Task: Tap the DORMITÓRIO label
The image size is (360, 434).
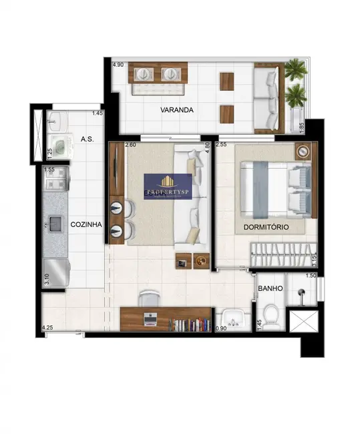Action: coord(266,227)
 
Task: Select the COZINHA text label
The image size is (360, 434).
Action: coord(86,225)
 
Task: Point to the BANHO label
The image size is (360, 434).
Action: coord(270,288)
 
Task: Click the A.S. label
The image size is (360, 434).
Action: coord(86,139)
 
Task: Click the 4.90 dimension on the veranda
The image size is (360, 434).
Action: coord(118,65)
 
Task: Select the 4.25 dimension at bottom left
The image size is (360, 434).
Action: coord(47,328)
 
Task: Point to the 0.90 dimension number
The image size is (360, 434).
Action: coord(222,329)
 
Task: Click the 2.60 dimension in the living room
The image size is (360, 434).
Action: coord(131,144)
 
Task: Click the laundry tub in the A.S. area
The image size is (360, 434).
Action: coord(59,146)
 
